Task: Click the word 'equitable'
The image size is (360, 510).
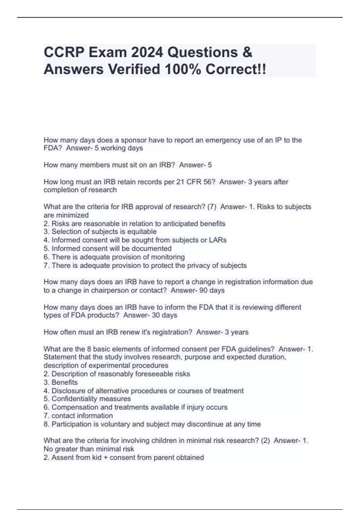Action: pyautogui.click(x=142, y=232)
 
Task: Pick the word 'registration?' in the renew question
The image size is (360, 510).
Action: pyautogui.click(x=172, y=332)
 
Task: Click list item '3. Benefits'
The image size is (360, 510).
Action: pyautogui.click(x=61, y=382)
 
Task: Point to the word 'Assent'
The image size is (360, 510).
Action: pyautogui.click(x=61, y=457)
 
